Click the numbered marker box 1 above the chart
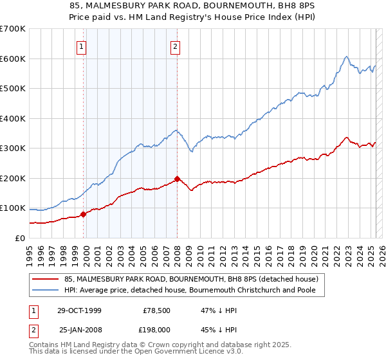click(x=82, y=46)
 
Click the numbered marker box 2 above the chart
click(x=176, y=46)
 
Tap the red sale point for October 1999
click(x=83, y=215)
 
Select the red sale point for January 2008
click(x=177, y=179)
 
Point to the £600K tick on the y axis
click(x=13, y=59)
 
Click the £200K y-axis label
click(x=13, y=178)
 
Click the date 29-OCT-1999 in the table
click(x=79, y=310)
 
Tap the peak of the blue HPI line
click(x=346, y=57)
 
